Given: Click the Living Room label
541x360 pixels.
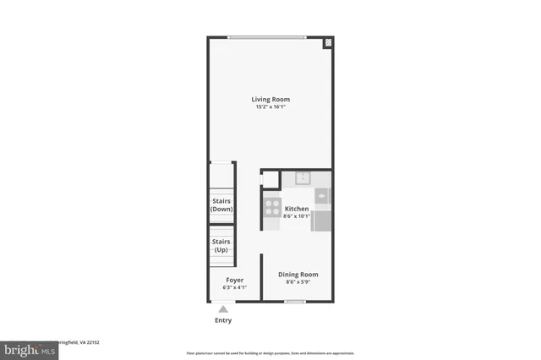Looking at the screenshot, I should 270,100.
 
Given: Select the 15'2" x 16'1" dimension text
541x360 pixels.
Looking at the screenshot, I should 270,107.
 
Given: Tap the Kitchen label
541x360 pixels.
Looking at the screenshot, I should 297,208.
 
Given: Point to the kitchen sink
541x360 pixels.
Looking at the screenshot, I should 302,178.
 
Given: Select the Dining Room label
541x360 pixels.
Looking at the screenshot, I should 298,275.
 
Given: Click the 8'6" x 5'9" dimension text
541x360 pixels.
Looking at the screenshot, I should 298,283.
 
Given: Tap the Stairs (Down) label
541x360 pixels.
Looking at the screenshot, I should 222,205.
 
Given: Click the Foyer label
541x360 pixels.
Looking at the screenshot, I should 234,280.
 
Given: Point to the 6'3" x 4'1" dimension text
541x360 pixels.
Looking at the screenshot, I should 234,288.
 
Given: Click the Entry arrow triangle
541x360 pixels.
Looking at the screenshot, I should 223,310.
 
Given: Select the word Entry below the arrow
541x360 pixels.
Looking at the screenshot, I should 223,321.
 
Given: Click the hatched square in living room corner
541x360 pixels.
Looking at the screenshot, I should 328,42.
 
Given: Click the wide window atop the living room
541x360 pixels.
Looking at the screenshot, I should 268,36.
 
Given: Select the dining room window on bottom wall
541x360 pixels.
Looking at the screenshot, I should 295,302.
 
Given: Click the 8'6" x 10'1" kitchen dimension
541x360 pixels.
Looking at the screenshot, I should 297,216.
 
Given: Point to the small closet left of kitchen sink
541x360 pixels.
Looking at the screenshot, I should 270,179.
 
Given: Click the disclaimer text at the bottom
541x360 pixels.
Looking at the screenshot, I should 270,352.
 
